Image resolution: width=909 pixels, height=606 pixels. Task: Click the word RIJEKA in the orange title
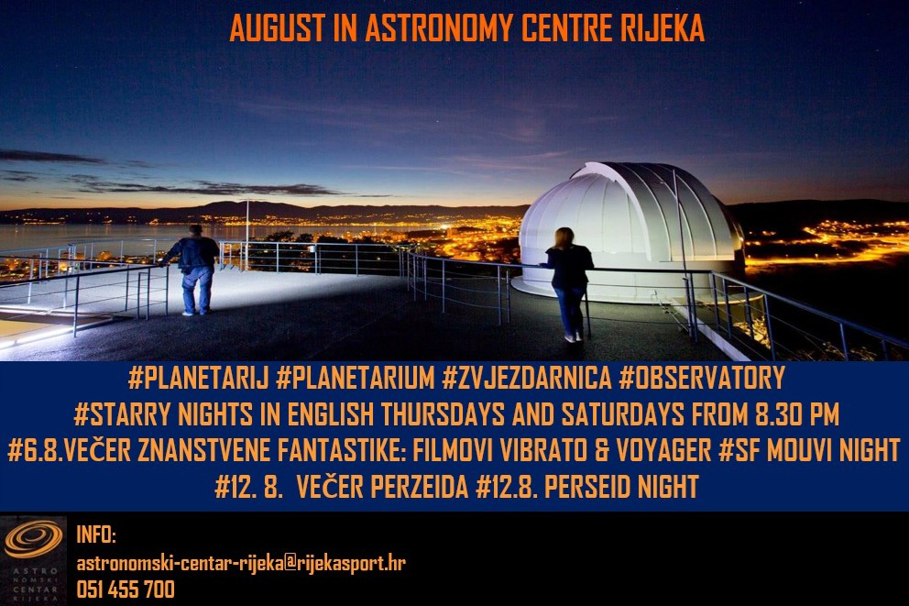662,28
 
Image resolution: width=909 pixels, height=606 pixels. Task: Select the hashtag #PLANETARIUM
356,378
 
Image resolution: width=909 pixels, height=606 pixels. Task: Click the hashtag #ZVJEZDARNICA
526,378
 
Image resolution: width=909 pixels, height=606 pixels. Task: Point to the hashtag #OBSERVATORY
702,378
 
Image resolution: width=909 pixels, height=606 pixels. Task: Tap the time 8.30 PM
797,414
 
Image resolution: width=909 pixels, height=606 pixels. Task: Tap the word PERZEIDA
419,487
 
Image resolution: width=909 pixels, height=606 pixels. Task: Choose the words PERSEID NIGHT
621,487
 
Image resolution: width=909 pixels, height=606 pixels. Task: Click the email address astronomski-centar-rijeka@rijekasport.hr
241,563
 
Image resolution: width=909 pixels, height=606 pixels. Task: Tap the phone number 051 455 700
126,589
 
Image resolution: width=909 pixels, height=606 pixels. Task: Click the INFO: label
96,534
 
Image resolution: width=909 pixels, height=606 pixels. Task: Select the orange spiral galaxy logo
33,539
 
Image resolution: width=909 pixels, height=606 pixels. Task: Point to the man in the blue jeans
196,270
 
